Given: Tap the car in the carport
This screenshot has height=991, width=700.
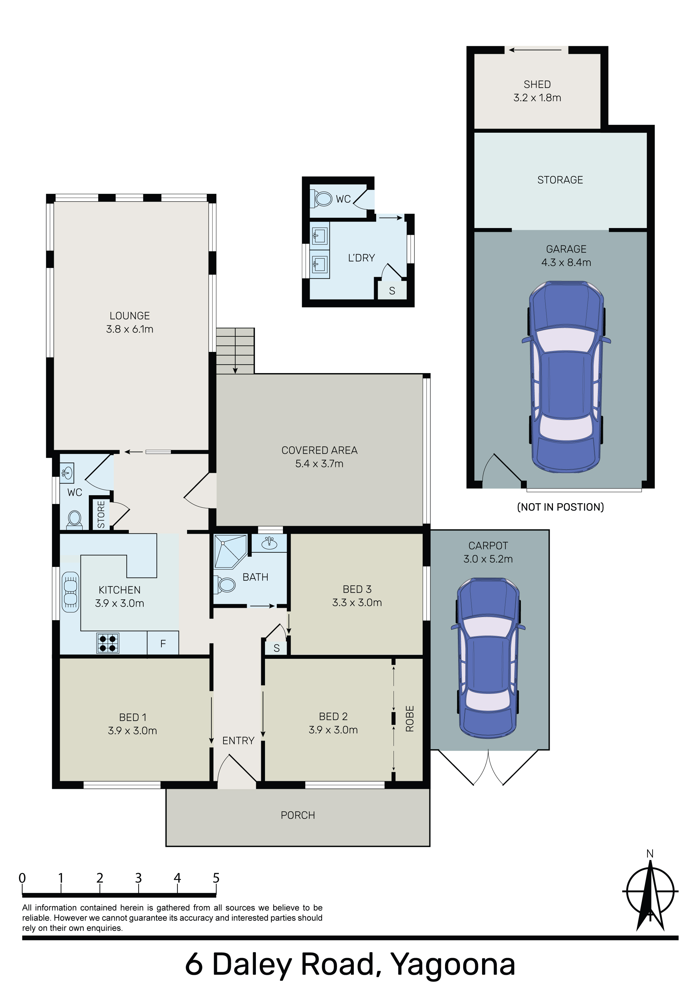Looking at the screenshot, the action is pos(488,658).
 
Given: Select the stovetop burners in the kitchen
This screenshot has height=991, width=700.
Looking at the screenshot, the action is pos(107,644).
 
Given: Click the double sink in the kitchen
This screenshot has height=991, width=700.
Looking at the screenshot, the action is pos(70,592).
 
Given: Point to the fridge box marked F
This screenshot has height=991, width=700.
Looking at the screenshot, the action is pos(163,644).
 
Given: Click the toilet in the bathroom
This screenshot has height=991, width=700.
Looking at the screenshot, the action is pos(224,585).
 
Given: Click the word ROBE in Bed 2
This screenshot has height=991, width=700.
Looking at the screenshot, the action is pos(409,719).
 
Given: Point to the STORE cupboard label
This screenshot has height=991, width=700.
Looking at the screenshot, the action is pos(101,514).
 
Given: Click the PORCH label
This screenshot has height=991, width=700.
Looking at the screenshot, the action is pos(298,815).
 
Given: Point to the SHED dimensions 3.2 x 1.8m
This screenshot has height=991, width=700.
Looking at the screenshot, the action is pos(537,98).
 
